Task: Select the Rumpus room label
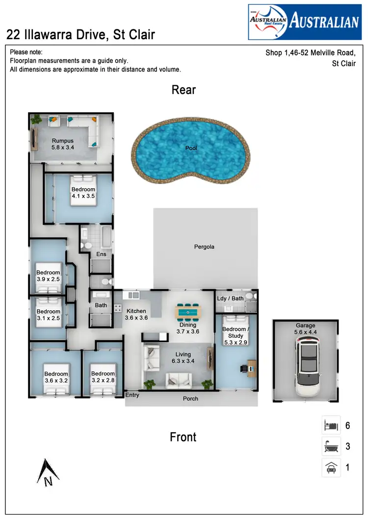62,144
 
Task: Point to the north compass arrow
48,472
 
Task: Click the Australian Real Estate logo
304,22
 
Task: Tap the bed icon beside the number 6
331,425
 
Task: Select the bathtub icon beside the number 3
331,446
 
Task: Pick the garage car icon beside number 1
331,468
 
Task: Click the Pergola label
204,247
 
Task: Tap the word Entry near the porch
132,395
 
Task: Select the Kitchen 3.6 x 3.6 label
136,314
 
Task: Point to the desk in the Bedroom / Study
251,368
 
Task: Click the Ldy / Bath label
230,298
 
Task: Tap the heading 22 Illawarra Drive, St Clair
81,34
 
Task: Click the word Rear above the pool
184,90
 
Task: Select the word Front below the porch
183,437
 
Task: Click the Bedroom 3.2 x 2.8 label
103,377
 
